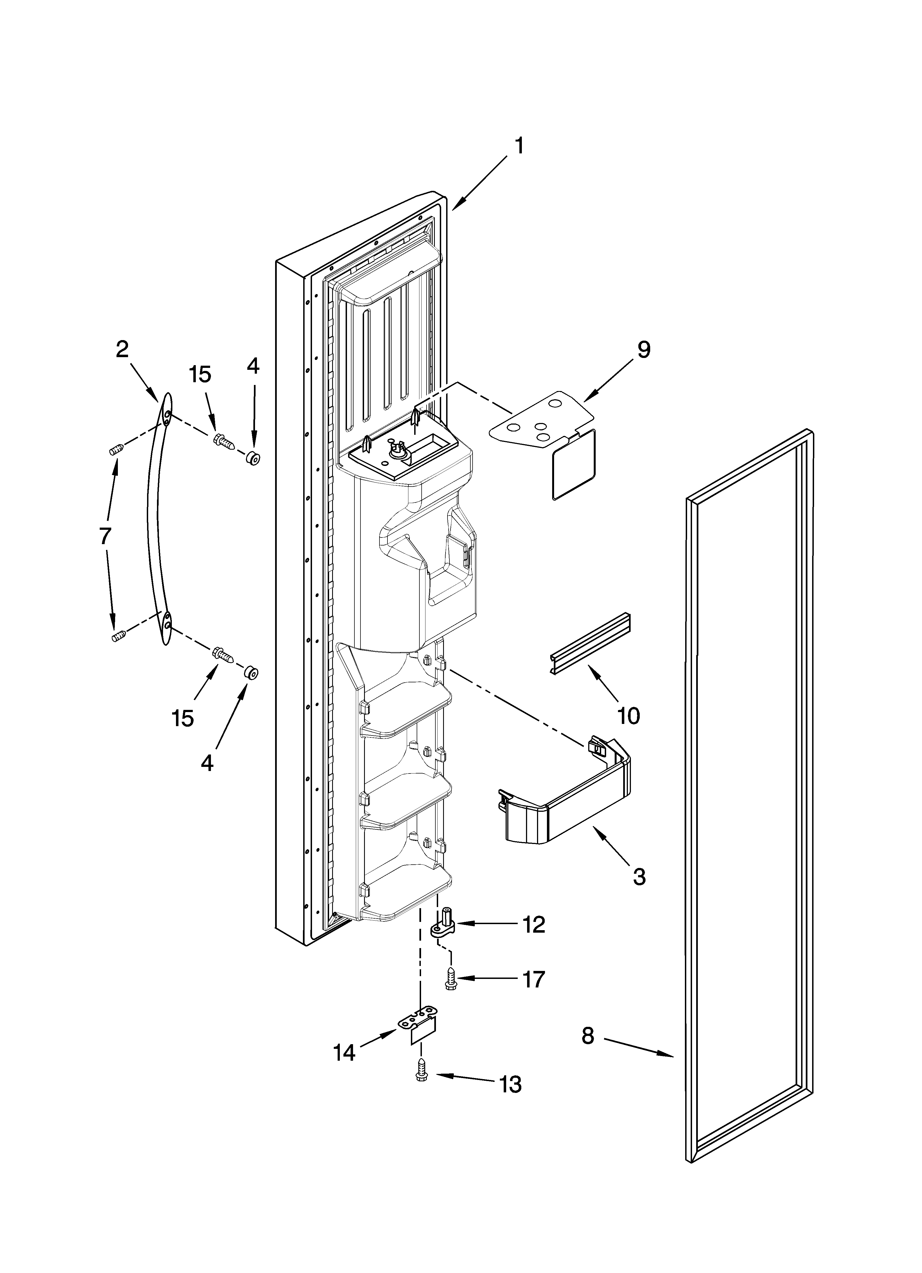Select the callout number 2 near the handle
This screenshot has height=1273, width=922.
(x=122, y=350)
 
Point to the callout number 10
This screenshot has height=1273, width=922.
(x=628, y=716)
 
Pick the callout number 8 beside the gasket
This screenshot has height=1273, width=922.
(x=587, y=1036)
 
